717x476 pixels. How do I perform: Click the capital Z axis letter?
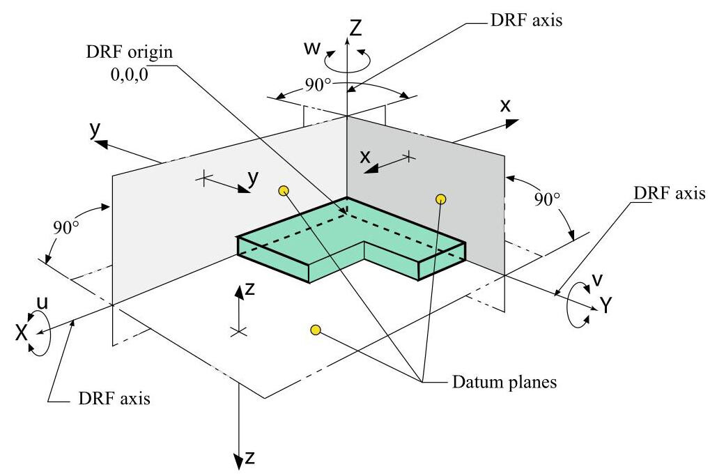[x=355, y=28]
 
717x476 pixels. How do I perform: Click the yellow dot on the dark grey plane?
[x=440, y=199]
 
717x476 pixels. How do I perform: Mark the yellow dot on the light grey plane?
[x=283, y=191]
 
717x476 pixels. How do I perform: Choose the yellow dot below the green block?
[x=315, y=330]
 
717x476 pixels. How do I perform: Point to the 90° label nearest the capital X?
[x=65, y=228]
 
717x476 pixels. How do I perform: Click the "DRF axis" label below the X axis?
[x=111, y=399]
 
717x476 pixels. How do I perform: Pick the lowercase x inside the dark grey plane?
[x=364, y=157]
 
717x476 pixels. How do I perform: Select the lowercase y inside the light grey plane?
[x=252, y=178]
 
